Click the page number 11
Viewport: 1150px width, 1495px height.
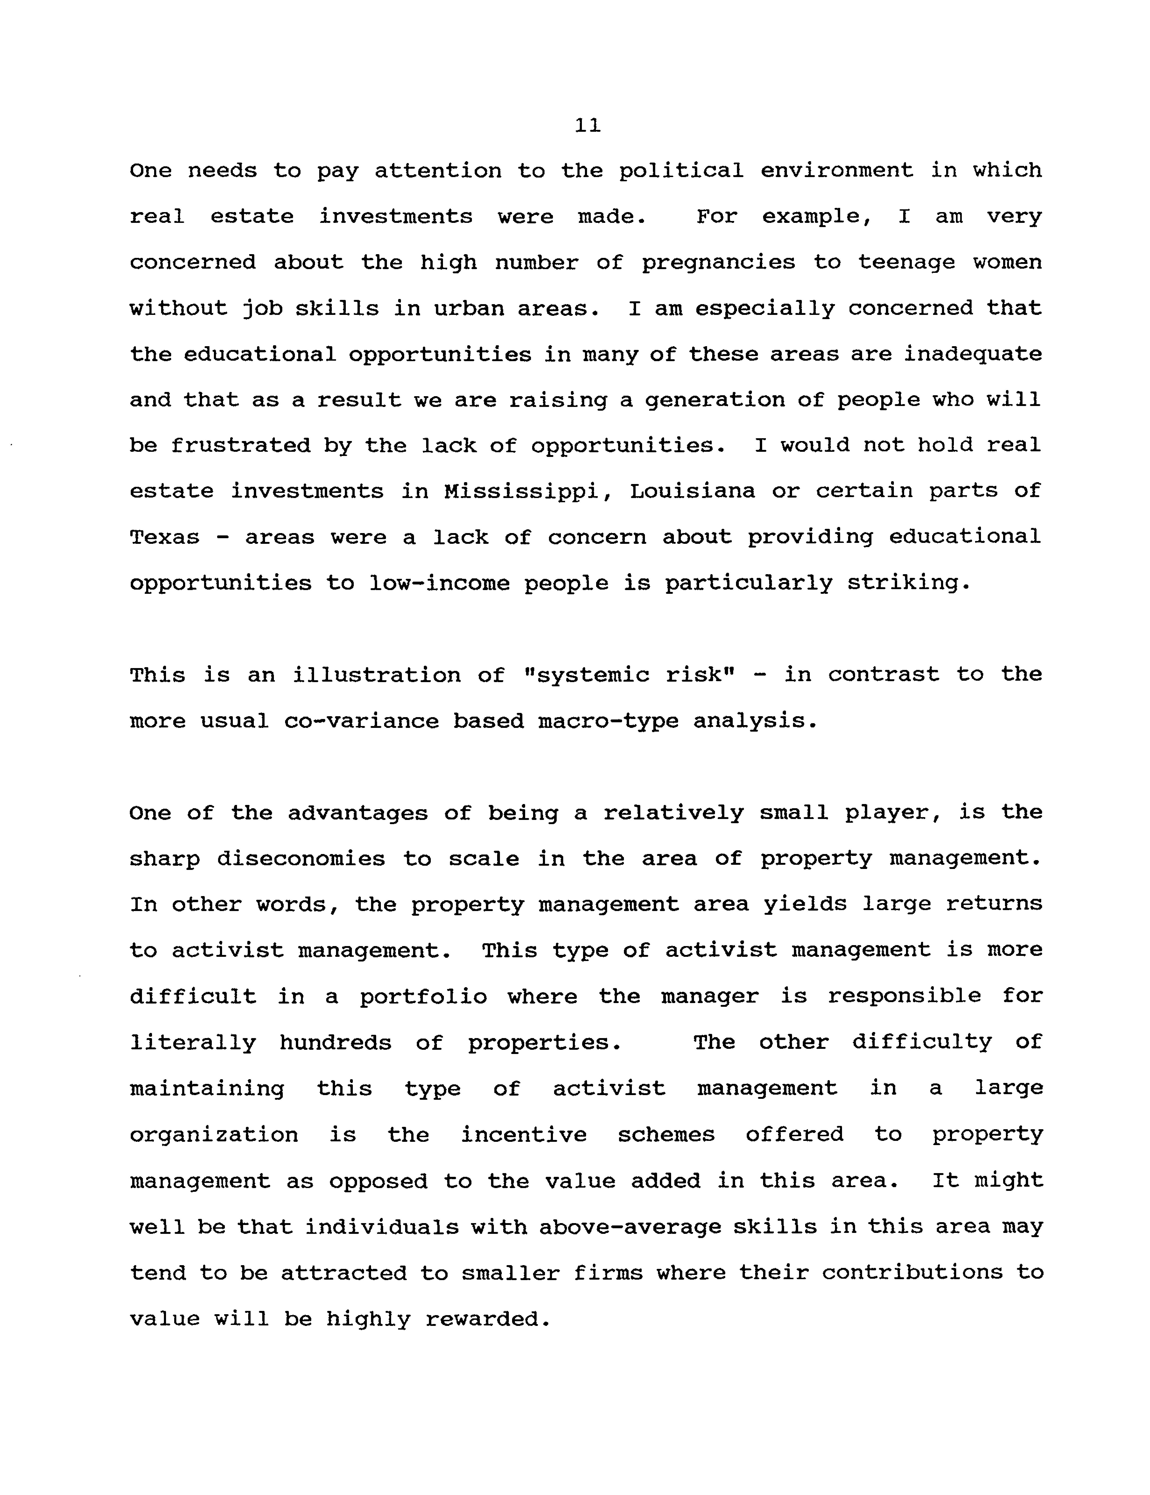click(588, 125)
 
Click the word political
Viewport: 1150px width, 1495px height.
click(681, 171)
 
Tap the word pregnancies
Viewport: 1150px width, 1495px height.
click(718, 263)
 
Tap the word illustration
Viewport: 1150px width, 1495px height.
click(377, 675)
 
